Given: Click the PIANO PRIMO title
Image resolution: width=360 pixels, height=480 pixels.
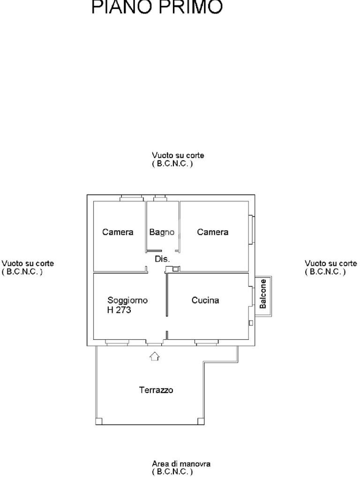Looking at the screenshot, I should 157,7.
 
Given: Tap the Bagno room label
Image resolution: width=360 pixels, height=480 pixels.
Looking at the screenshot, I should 162,232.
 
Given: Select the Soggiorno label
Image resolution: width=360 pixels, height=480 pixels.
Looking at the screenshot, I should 127,300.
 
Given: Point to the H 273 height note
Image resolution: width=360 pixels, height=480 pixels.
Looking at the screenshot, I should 119,310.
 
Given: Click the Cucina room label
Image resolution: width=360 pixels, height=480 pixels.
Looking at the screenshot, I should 205,300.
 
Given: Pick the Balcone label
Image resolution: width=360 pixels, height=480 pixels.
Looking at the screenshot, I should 263,294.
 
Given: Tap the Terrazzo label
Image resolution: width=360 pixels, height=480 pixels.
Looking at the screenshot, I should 156,390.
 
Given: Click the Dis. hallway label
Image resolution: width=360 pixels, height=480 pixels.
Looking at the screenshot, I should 162,259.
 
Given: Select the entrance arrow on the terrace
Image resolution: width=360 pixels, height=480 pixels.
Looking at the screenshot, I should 154,357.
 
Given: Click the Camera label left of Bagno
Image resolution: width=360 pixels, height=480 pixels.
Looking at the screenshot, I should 118,232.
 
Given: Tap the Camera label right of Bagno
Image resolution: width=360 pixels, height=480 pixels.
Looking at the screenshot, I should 213,232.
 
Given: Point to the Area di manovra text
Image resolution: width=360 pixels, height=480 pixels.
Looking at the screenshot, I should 181,464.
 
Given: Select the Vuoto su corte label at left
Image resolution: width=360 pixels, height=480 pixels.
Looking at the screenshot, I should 28,263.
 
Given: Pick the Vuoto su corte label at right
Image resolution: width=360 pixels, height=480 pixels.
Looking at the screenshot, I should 331,263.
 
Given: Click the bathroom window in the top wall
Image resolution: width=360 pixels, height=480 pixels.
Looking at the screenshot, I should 160,198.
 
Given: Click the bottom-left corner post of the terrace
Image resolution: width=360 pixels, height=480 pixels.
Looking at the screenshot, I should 98,421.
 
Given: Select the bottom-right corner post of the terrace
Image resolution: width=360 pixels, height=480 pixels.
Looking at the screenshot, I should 201,421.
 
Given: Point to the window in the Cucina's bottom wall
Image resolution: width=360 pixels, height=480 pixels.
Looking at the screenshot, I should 207,343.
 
